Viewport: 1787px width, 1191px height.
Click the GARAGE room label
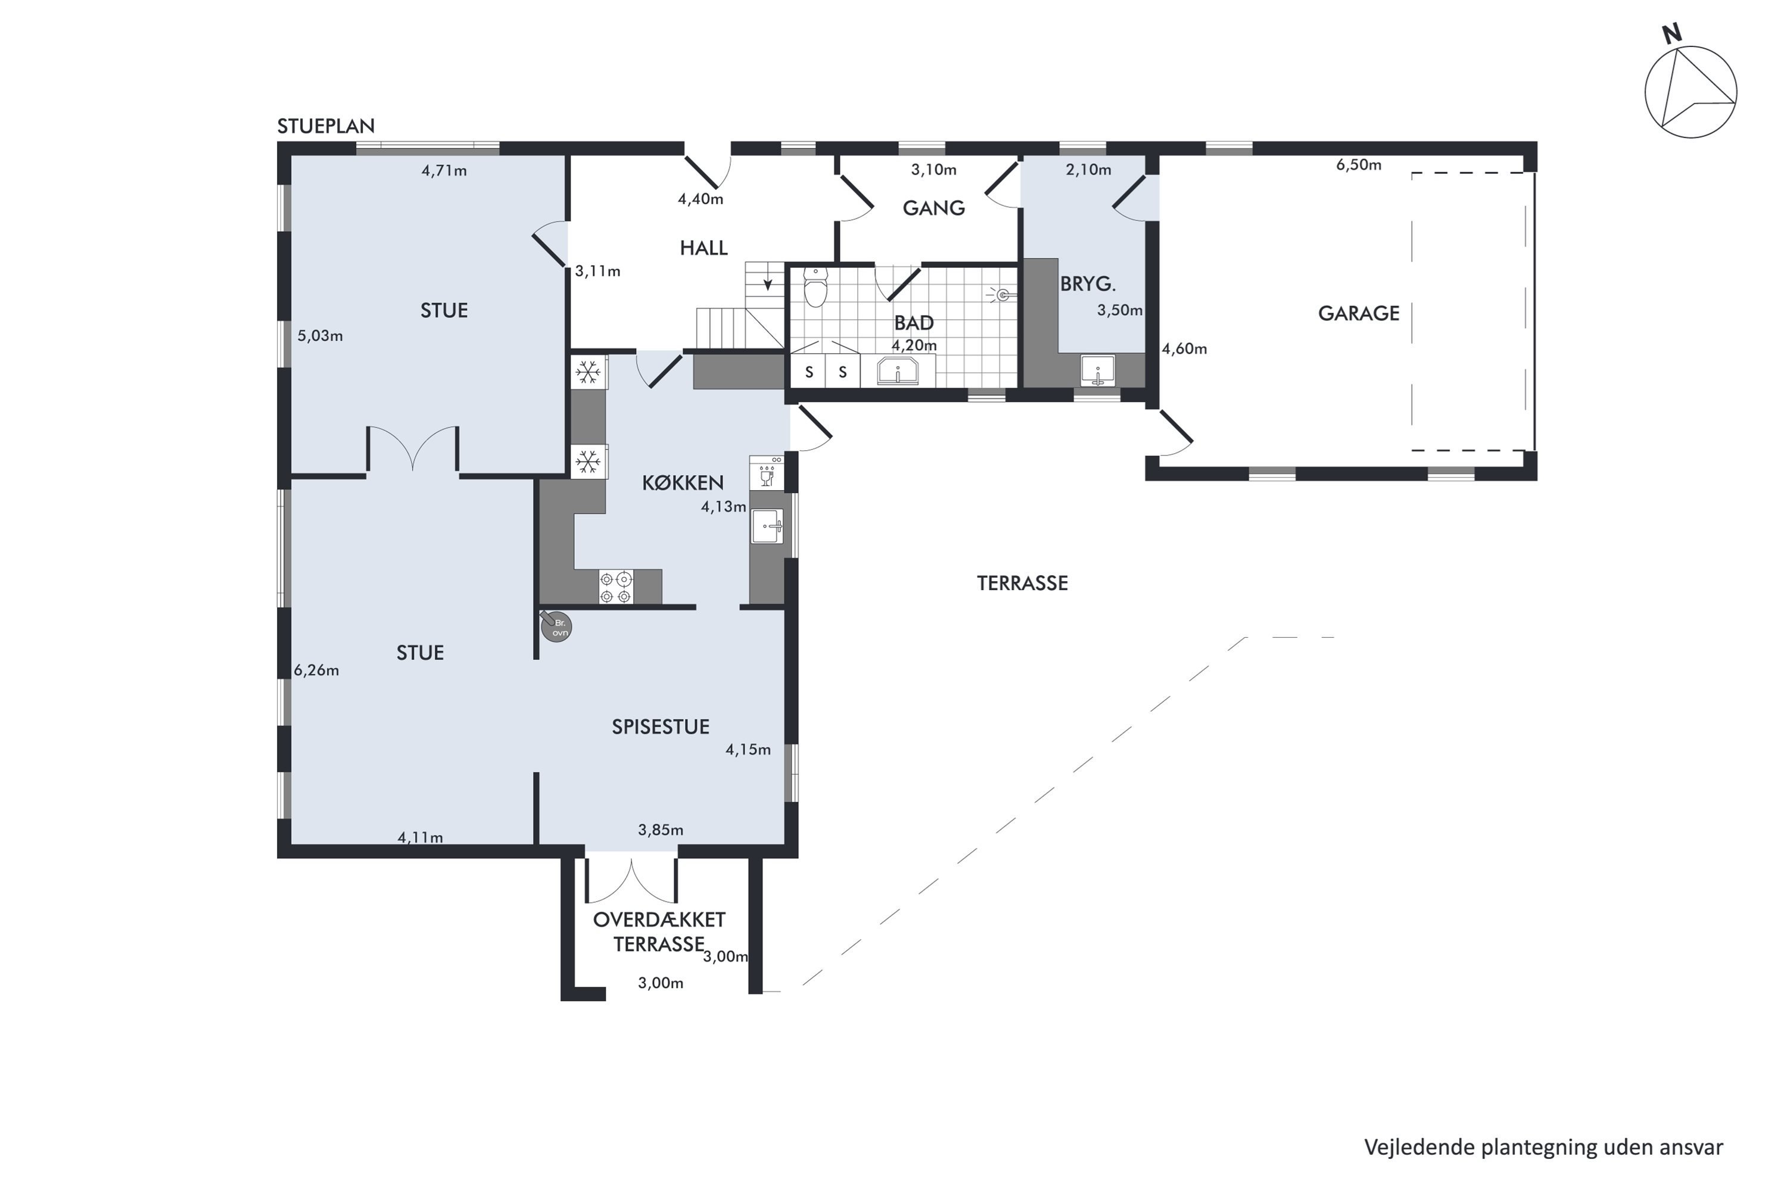pos(1359,313)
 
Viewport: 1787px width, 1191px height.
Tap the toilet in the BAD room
pos(815,286)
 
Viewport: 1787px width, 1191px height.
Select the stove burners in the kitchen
pos(616,587)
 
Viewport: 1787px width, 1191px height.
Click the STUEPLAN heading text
pos(326,126)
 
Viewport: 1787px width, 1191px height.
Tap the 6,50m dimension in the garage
pos(1359,165)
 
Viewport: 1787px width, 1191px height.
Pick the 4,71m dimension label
pos(444,171)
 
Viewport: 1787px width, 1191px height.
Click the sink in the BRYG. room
pos(1098,370)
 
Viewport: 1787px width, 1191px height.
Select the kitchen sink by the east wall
pos(767,526)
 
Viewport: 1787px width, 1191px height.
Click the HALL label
pos(703,248)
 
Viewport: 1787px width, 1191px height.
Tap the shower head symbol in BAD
pos(1001,295)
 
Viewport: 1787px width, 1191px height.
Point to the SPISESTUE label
pos(661,727)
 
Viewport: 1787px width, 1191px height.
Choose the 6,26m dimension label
pos(316,671)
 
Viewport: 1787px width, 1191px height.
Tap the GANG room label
pos(934,208)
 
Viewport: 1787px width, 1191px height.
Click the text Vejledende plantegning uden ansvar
pos(1544,1147)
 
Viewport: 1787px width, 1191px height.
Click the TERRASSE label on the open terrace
pos(1023,584)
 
